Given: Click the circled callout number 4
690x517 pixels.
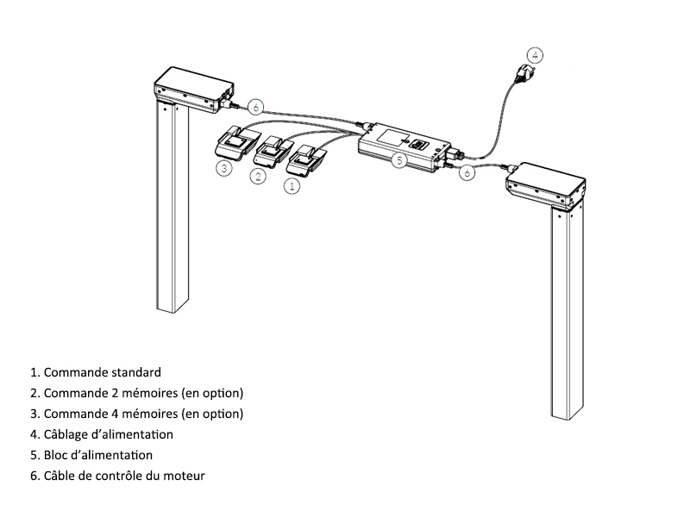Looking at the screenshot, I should point(536,55).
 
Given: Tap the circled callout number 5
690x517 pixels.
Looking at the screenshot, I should point(399,159).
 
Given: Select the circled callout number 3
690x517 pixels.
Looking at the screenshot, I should point(223,167).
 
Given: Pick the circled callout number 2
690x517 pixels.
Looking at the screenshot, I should point(257,177).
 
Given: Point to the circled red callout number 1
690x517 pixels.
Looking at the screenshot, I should point(292,184).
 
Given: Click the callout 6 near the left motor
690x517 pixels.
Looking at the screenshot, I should point(255,108).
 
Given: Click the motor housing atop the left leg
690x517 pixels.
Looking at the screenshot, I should point(191,89).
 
